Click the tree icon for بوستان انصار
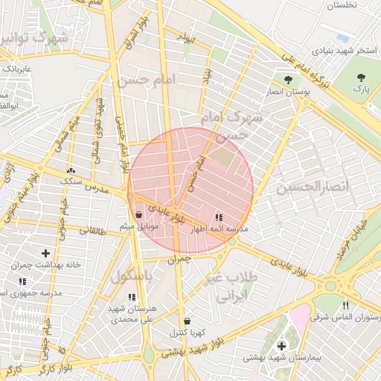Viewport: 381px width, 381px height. [288, 80]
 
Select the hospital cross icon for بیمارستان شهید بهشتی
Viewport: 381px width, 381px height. [281, 346]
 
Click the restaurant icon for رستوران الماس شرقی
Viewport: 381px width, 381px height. [345, 305]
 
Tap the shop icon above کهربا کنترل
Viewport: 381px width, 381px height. [186, 321]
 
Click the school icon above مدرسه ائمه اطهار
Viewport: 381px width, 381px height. [218, 218]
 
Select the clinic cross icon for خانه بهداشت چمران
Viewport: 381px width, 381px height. [46, 253]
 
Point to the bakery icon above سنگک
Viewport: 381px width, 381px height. [71, 170]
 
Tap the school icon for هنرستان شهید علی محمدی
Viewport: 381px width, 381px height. [132, 298]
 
